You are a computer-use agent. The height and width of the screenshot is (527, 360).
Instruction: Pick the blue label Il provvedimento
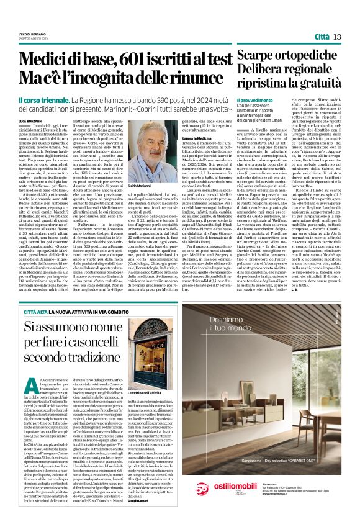[255, 99]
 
